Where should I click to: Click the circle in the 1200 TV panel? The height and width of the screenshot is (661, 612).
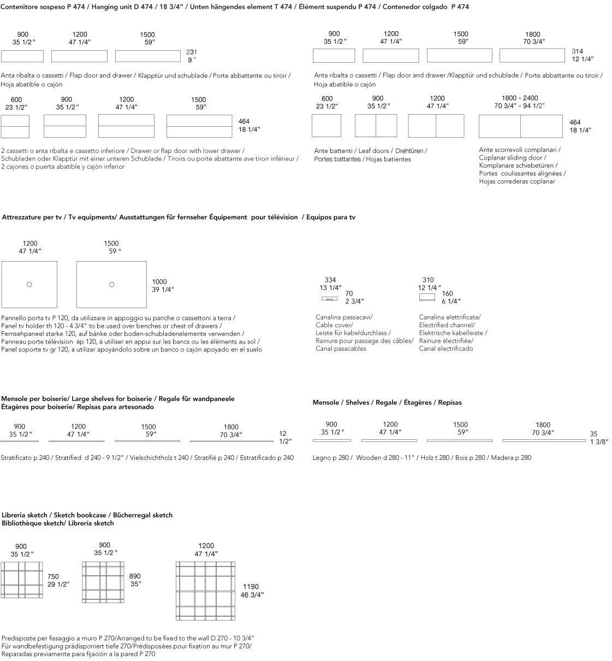(29, 284)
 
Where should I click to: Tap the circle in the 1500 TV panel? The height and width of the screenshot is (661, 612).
(111, 284)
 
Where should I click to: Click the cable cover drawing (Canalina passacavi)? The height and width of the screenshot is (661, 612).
(330, 299)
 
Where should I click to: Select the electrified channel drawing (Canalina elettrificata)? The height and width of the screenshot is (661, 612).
(427, 297)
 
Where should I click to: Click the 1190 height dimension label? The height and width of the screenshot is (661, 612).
(251, 587)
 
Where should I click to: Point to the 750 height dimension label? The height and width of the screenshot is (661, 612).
(53, 576)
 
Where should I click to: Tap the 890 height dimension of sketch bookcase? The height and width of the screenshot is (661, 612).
(135, 576)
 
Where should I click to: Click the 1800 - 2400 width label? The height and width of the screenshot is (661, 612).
(519, 98)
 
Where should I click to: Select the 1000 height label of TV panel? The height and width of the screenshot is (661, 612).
(159, 282)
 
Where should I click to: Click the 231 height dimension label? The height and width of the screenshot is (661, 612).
(192, 52)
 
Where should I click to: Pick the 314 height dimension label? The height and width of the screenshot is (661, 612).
(577, 51)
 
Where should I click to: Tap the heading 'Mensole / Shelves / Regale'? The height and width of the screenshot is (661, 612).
(387, 403)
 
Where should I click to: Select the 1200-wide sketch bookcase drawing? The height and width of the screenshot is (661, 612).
(205, 591)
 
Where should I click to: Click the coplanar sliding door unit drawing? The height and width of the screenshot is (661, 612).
(520, 126)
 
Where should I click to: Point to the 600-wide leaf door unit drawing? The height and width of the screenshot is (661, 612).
(326, 126)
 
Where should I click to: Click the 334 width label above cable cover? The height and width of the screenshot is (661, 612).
(330, 280)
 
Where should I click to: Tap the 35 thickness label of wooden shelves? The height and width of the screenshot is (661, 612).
(593, 434)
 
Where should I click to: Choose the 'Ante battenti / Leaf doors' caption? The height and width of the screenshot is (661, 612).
(370, 151)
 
